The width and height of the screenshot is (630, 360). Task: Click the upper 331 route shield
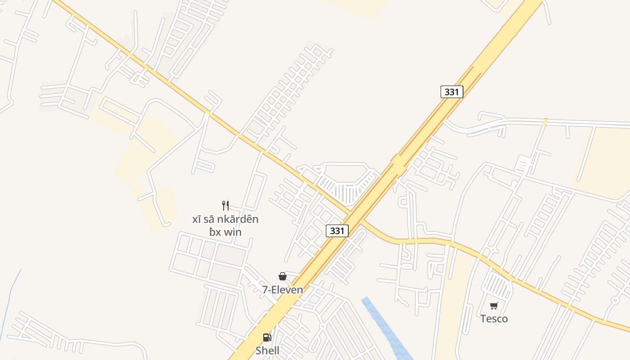pos(451,92)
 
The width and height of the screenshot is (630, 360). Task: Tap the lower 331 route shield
pos(337,231)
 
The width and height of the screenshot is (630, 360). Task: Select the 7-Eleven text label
pos(283,290)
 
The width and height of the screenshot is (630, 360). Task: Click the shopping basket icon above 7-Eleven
pos(283,276)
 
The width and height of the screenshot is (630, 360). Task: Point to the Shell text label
pos(267,351)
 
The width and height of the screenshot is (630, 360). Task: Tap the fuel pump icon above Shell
pos(267,337)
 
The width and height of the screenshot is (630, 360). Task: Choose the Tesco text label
pos(494,319)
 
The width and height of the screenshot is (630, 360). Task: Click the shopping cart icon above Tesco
pos(494,306)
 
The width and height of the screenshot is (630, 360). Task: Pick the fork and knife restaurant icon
pos(225,206)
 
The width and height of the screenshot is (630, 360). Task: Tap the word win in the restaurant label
pos(232,232)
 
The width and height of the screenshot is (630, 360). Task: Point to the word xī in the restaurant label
pos(196,220)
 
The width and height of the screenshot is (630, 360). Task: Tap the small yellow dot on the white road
pos(545,121)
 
